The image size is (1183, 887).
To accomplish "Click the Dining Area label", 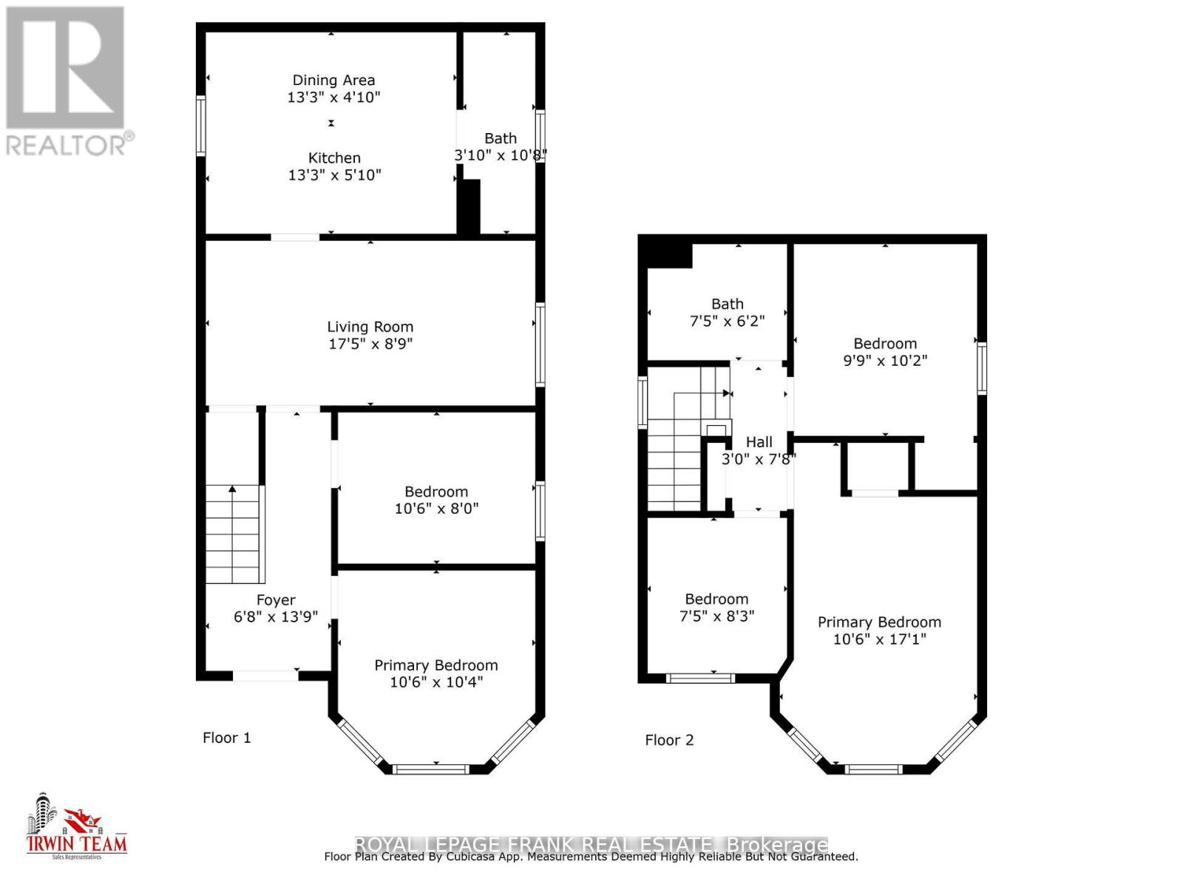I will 333,81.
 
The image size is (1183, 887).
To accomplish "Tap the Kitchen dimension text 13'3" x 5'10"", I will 334,175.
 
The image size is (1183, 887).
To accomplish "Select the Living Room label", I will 370,327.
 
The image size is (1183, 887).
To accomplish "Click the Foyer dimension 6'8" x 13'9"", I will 276,617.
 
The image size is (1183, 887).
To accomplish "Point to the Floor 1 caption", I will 227,738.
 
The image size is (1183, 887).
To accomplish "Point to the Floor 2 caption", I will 669,740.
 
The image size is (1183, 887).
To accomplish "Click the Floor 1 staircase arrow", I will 233,489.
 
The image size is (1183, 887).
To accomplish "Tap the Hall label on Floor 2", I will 759,442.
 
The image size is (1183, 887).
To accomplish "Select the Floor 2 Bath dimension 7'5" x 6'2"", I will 727,322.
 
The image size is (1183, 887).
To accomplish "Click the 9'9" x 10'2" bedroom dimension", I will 885,361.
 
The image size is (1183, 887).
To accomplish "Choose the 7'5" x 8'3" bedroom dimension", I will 716,616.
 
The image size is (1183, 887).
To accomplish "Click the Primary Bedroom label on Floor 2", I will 879,622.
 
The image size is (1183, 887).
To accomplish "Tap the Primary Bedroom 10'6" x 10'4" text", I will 436,682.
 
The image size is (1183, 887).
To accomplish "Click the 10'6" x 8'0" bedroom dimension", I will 436,509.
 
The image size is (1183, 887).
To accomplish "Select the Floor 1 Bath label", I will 501,138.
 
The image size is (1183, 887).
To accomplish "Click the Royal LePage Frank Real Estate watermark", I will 591,844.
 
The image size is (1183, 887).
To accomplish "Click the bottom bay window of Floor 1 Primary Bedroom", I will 431,769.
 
